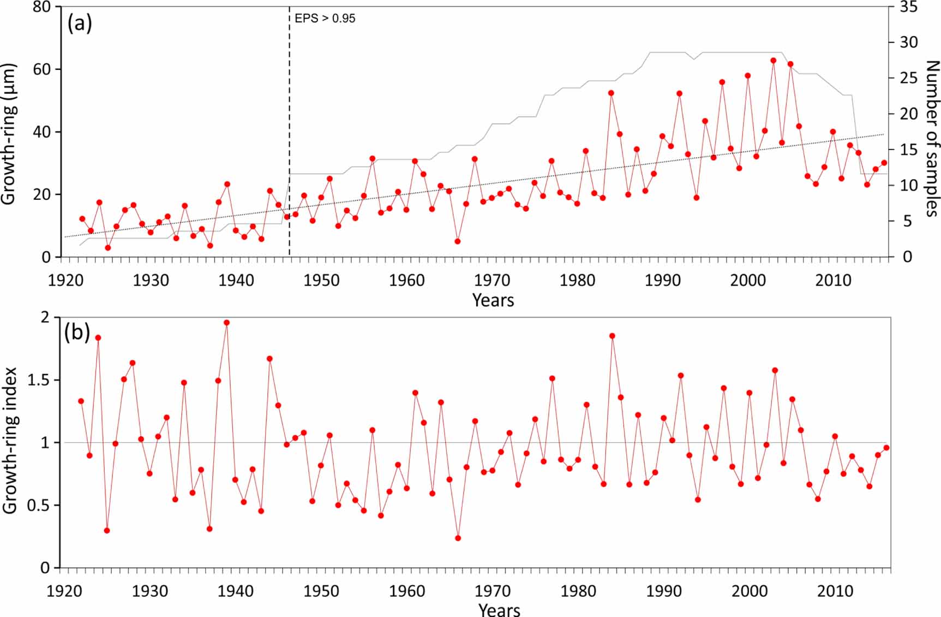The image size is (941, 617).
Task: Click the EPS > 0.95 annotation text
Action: (x=325, y=19)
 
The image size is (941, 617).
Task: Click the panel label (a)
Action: (x=80, y=23)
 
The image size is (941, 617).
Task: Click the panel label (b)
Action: (x=77, y=332)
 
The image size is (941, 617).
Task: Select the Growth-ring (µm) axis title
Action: (x=9, y=134)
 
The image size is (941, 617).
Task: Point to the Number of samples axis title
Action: (x=932, y=139)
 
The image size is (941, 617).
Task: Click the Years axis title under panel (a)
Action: (x=493, y=300)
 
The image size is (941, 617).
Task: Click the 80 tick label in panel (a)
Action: (x=42, y=8)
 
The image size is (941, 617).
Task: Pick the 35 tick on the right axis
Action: (x=908, y=8)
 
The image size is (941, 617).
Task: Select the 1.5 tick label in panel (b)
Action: (x=38, y=380)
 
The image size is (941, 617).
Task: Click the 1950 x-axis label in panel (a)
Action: (x=321, y=281)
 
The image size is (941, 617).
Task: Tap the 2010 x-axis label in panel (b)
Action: (x=835, y=591)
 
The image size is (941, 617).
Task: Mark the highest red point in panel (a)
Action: (x=773, y=61)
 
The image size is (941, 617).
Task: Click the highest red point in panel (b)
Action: (x=226, y=323)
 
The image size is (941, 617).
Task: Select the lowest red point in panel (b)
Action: (x=458, y=538)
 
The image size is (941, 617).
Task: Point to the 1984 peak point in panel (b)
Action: (x=612, y=336)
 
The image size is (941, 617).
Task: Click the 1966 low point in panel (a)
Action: (x=458, y=241)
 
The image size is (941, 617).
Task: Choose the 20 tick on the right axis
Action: (x=908, y=114)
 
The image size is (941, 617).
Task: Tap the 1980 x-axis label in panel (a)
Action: (x=577, y=281)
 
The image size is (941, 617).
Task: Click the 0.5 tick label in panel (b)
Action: (x=38, y=506)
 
